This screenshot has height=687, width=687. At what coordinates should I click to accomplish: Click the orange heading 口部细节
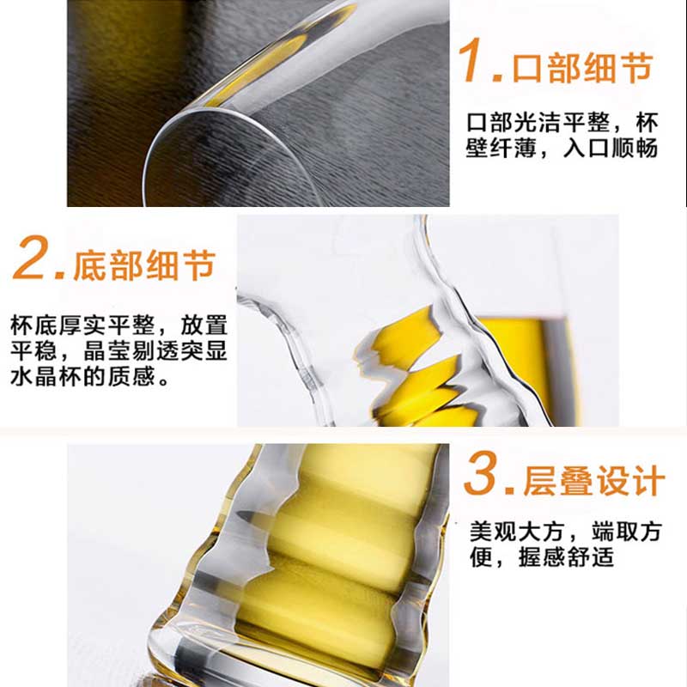(x=583, y=68)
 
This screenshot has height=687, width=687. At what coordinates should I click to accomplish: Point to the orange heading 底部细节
(x=144, y=265)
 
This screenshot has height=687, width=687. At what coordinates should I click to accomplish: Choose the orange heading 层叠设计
(x=594, y=481)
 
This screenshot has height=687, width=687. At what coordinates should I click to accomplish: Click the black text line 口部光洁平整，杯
(x=562, y=122)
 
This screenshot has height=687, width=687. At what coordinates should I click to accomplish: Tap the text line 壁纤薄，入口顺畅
(x=562, y=148)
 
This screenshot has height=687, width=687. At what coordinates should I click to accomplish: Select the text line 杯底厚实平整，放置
(x=119, y=325)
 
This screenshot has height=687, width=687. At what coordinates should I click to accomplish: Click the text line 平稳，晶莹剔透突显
(x=119, y=350)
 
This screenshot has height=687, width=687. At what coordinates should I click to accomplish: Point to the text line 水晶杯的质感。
(x=90, y=376)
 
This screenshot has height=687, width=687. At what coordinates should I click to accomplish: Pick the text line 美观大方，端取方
(x=565, y=532)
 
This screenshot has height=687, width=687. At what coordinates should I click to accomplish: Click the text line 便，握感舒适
(x=542, y=556)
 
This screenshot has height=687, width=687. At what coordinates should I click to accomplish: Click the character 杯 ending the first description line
(x=647, y=122)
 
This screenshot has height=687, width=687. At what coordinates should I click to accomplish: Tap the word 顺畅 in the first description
(x=635, y=148)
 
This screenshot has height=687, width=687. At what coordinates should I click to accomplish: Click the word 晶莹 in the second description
(x=107, y=350)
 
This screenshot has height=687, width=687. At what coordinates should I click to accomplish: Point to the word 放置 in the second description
(x=204, y=325)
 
